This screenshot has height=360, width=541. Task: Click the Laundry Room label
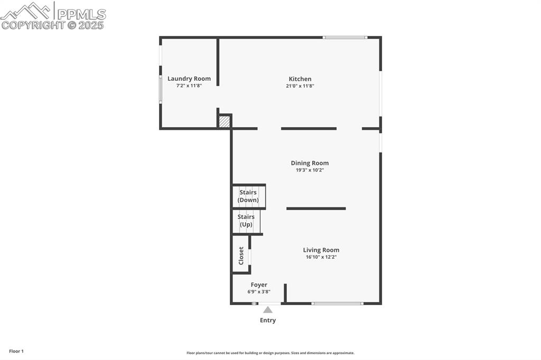click(x=189, y=79)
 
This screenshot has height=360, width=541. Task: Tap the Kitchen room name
click(x=300, y=79)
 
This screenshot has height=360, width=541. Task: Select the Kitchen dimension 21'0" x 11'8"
click(x=300, y=86)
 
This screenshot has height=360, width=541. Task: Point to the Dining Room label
click(x=310, y=163)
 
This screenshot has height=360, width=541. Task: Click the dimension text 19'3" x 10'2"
click(x=310, y=170)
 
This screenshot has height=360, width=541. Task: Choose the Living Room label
click(x=321, y=250)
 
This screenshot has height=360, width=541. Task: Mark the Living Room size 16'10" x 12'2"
click(x=321, y=257)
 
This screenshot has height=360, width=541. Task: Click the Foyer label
click(x=259, y=285)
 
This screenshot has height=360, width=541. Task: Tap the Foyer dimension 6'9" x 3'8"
click(x=259, y=291)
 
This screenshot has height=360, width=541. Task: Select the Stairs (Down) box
click(x=248, y=196)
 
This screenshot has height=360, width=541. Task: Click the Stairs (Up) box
click(x=246, y=221)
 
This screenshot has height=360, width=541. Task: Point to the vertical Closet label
click(x=241, y=255)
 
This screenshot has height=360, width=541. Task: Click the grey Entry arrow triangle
click(x=268, y=310)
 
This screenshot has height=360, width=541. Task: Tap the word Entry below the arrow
click(x=268, y=320)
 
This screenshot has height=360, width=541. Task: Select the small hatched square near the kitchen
click(x=225, y=122)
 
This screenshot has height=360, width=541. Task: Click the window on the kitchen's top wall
click(x=345, y=37)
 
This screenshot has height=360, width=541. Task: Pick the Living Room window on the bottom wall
click(x=337, y=304)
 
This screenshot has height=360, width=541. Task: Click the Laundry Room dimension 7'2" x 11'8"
click(x=189, y=86)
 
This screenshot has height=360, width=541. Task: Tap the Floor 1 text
click(x=16, y=351)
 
